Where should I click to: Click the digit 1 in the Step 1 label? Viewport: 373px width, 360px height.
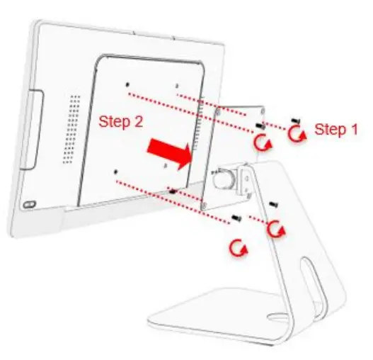(x=355, y=129)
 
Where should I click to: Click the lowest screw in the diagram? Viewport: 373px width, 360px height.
(x=239, y=216)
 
